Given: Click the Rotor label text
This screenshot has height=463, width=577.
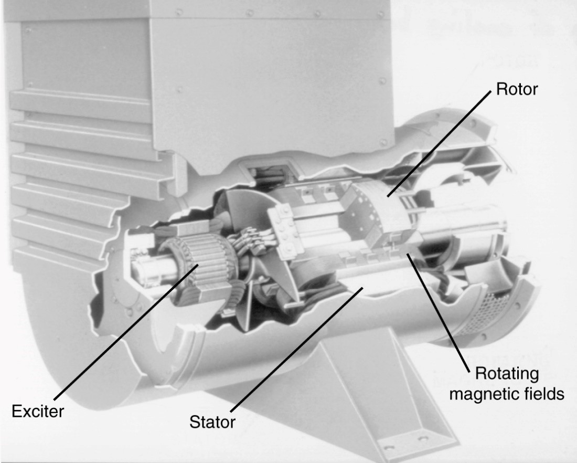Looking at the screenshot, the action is click(x=517, y=89).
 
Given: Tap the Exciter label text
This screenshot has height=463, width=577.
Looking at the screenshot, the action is click(x=38, y=411).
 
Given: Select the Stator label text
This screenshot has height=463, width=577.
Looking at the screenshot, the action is click(x=212, y=422).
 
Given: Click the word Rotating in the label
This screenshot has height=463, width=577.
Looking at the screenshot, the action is click(x=507, y=373).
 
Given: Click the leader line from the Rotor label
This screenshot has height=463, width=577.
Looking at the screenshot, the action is click(x=439, y=143).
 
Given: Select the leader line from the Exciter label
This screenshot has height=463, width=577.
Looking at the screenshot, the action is click(x=126, y=332).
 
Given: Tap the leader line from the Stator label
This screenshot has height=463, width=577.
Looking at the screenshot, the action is click(x=297, y=350).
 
